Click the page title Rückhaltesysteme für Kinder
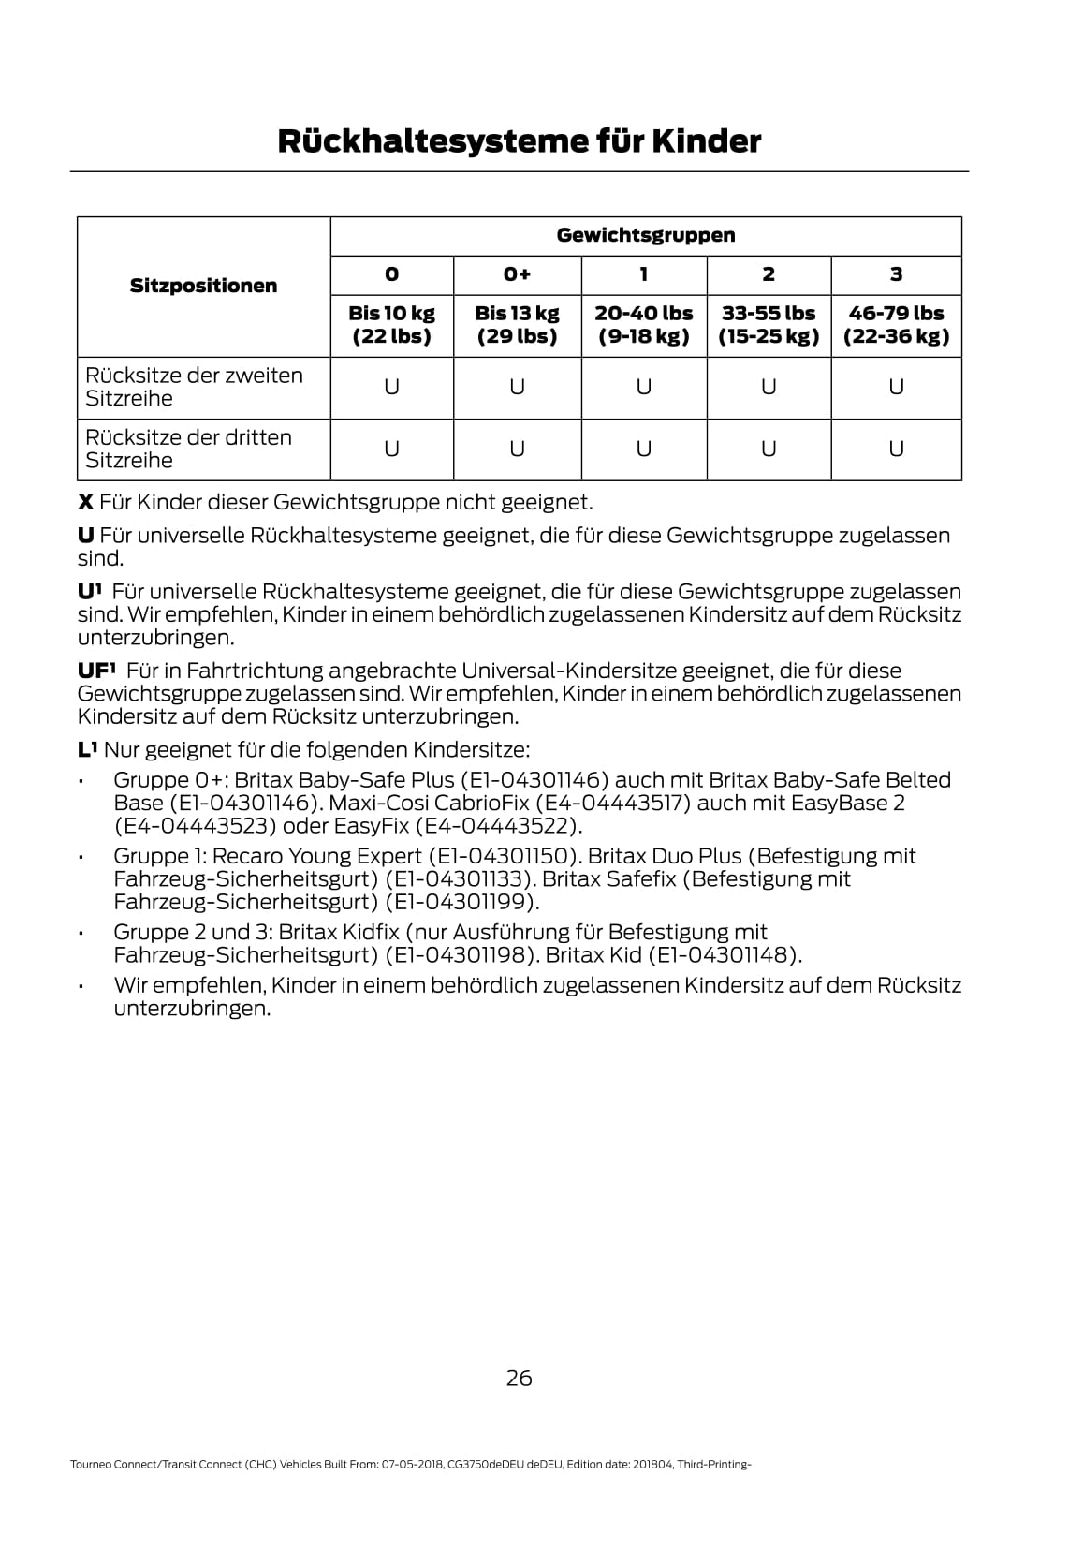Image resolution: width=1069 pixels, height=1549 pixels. [519, 142]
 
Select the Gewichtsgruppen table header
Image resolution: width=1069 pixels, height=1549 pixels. [645, 236]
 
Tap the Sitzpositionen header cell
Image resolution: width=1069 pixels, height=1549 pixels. [203, 286]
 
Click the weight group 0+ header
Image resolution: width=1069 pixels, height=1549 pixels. [517, 274]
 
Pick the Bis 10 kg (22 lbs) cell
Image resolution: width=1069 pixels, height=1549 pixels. [391, 325]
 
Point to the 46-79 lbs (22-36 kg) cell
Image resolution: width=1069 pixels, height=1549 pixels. [896, 325]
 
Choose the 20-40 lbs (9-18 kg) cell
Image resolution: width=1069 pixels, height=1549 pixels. [644, 325]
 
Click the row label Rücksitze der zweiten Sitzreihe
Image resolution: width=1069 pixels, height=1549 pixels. [194, 387]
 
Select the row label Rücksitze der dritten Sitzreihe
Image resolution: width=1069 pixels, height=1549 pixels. [188, 449]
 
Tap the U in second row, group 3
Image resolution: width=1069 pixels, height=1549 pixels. [896, 387]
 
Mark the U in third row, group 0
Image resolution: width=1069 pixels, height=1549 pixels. [391, 450]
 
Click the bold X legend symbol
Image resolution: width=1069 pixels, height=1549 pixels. [85, 503]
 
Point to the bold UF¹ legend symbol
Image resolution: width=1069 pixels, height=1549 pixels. [95, 671]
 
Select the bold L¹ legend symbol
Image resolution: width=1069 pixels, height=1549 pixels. [87, 749]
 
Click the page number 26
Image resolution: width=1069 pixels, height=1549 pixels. [519, 1378]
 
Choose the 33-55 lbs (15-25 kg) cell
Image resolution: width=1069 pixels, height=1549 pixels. [769, 325]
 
